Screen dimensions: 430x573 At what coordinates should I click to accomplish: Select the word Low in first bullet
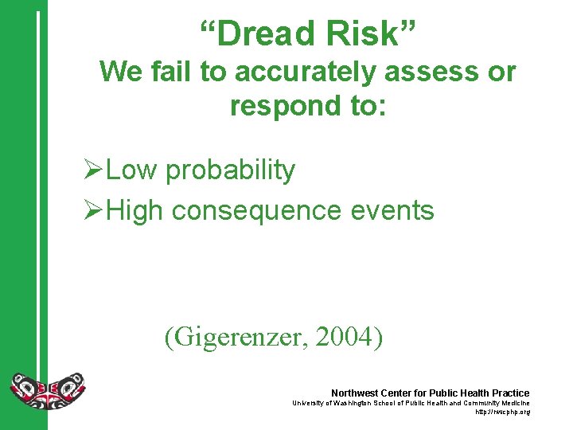[x=131, y=170]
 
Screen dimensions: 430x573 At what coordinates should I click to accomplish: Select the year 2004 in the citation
[x=345, y=337]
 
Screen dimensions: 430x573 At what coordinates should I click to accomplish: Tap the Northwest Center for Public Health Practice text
[x=430, y=393]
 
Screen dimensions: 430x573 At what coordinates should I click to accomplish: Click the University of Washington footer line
[x=410, y=403]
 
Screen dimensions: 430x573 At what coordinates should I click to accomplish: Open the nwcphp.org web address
[x=502, y=412]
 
